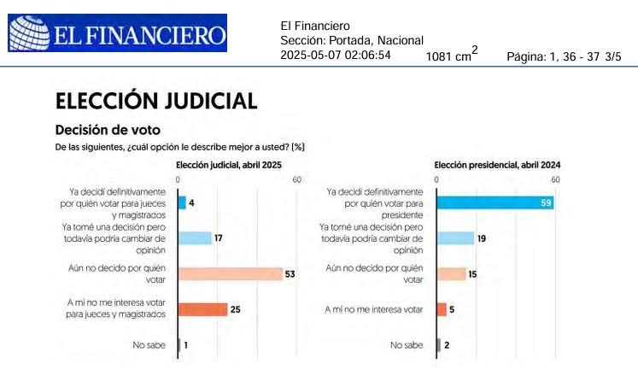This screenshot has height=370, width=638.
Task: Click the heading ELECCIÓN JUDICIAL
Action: click(155, 101)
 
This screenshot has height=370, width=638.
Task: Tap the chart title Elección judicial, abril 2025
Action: click(228, 164)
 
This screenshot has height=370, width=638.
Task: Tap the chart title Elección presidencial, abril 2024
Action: click(491, 164)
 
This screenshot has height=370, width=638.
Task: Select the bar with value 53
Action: click(230, 273)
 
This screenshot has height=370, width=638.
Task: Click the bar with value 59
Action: click(495, 203)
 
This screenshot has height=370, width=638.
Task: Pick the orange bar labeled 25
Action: click(202, 309)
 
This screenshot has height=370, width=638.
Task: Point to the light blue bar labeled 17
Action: click(195, 238)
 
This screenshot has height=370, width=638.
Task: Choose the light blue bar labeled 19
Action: click(455, 238)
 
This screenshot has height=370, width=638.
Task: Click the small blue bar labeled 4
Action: click(182, 203)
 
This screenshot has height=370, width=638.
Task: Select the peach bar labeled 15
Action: click(451, 273)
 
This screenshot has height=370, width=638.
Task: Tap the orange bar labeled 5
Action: click(442, 309)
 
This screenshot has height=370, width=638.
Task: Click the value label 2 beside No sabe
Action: click(446, 345)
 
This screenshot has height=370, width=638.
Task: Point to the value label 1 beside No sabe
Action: click(185, 345)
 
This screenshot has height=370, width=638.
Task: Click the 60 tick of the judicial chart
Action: click(296, 179)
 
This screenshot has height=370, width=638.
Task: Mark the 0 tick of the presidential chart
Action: click(436, 179)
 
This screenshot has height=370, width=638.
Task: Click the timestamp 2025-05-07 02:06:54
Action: click(336, 56)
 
